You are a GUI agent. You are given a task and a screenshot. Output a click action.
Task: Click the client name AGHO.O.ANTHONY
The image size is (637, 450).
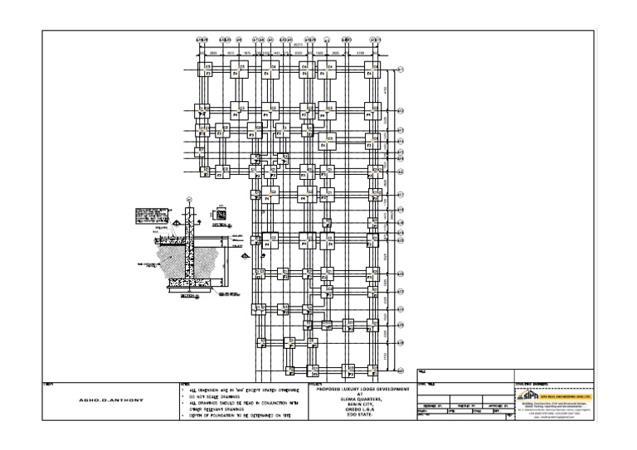110,400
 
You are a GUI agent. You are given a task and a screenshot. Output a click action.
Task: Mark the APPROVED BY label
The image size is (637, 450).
498,405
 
